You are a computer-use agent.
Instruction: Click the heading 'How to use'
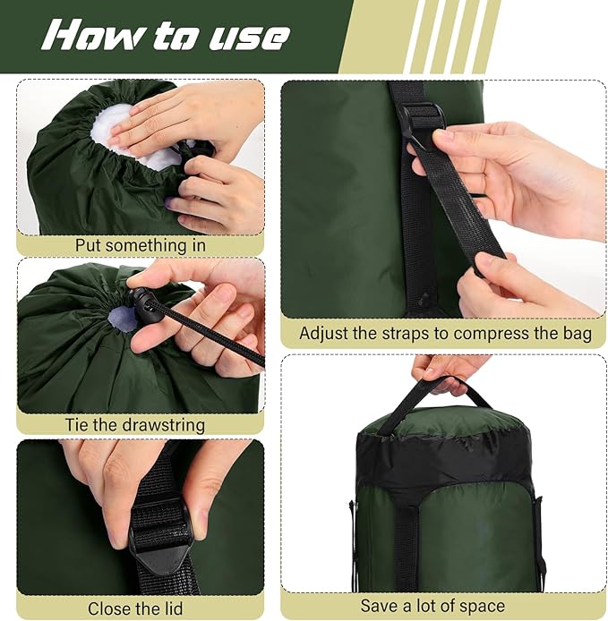(x=167, y=36)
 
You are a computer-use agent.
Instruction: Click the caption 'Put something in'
(x=140, y=245)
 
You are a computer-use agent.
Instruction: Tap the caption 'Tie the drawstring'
(x=134, y=425)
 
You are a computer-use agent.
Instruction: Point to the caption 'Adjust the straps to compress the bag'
(x=445, y=334)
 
